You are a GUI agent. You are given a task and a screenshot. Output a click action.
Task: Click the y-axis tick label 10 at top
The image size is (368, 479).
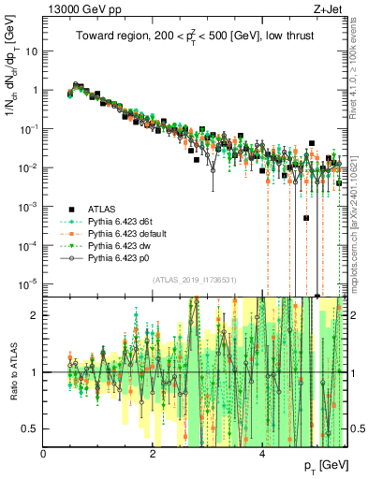(30, 51)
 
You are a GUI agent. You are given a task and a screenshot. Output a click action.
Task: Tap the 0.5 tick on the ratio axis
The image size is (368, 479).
(29, 428)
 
